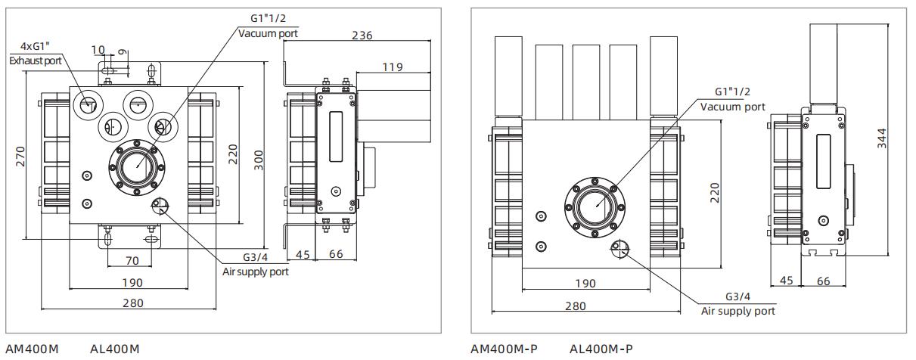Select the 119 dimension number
[392, 67]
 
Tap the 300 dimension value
[259, 159]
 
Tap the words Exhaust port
[36, 60]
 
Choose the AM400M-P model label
[502, 349]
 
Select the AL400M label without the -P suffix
[115, 349]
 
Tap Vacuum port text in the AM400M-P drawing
[732, 107]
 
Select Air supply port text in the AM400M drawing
[255, 272]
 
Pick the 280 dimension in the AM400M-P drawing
[575, 306]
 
